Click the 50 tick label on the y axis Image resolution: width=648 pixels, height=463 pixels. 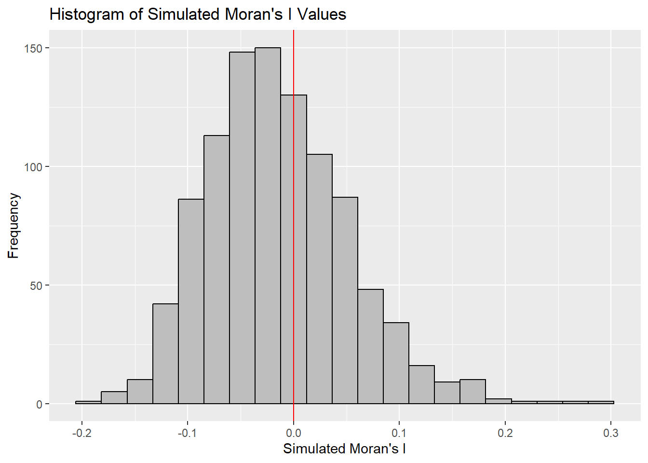point(36,286)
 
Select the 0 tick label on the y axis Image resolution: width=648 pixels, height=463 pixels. point(40,404)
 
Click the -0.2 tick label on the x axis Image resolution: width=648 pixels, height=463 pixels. point(81,433)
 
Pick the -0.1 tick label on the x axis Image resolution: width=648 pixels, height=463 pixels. point(187,433)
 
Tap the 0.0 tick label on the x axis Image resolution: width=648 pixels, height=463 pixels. point(294,433)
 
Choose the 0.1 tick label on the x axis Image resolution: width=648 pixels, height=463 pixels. point(399,433)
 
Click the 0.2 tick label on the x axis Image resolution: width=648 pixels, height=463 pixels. point(505,433)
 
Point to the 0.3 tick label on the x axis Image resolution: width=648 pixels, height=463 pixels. point(611,433)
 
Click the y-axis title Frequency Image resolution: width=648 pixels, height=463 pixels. point(13,226)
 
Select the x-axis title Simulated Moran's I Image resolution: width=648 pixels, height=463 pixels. point(344,449)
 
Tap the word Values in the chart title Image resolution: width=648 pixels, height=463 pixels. point(322,14)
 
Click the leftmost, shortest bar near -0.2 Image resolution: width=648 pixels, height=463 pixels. point(88,402)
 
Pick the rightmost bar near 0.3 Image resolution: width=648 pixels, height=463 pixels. point(601,402)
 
